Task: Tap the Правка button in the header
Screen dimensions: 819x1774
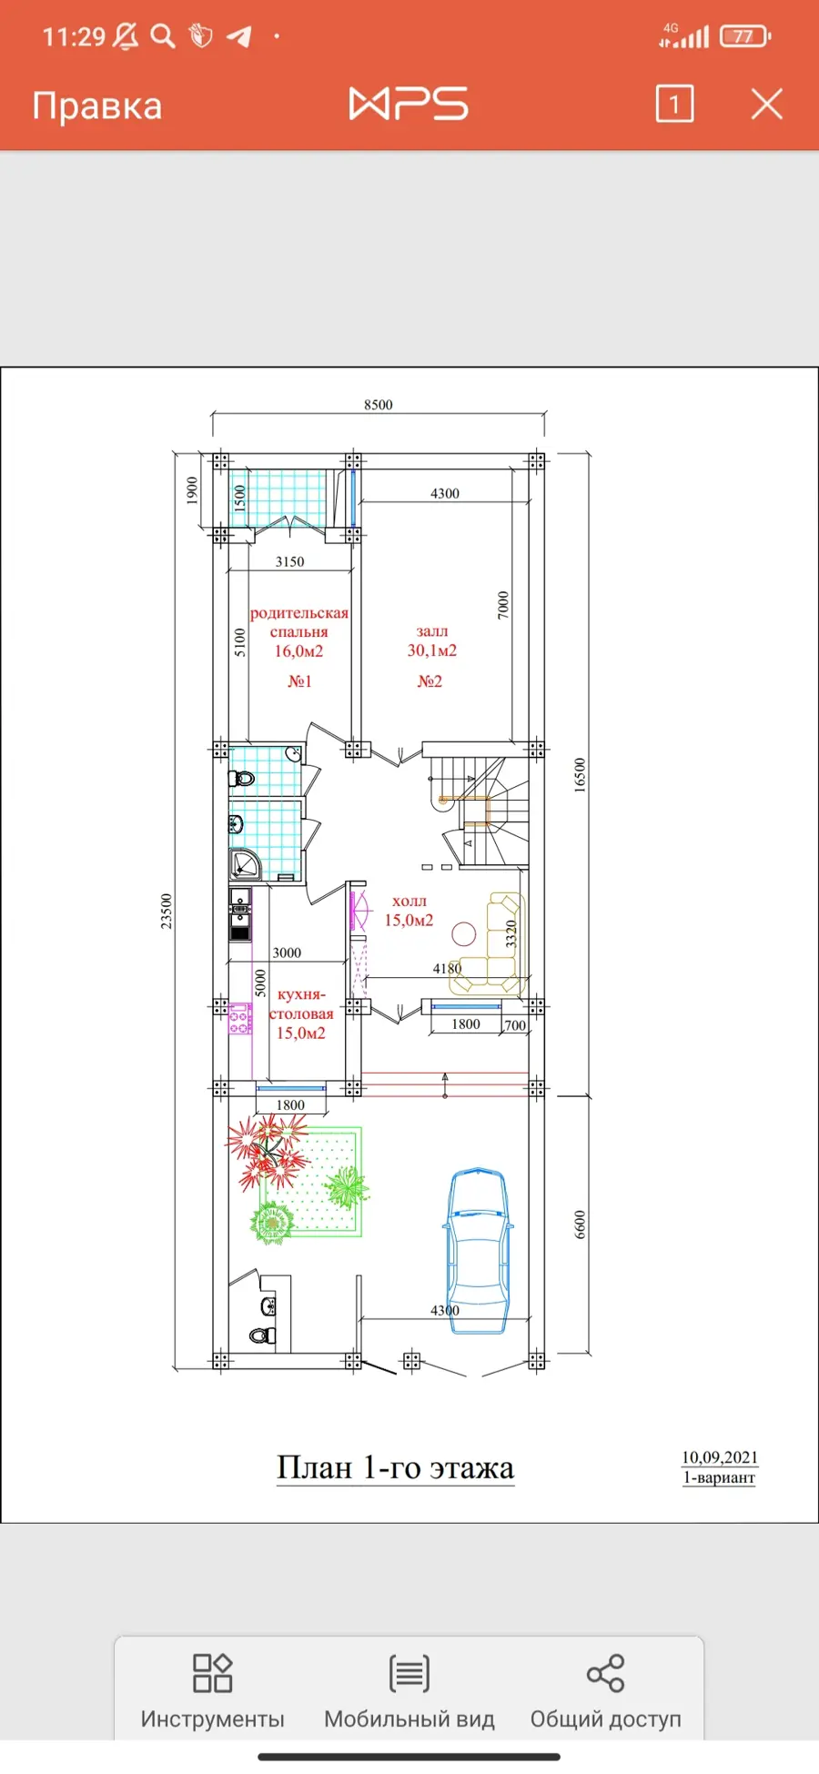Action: coord(97,106)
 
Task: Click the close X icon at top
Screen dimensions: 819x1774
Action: coord(766,104)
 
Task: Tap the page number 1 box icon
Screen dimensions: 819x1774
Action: coord(674,104)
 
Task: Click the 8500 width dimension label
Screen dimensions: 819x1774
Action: coord(379,405)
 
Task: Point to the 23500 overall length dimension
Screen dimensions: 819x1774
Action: coord(167,911)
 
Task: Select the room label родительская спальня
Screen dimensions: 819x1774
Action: coord(299,622)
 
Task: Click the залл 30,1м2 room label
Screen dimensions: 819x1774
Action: coord(432,640)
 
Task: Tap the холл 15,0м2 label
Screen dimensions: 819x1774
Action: coord(409,910)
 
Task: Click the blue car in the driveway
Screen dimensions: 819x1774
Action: coord(478,1251)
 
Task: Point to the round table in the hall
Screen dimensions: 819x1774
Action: coord(464,934)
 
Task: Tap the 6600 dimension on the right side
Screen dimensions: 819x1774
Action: coord(581,1225)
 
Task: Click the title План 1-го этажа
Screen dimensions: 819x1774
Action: coord(396,1467)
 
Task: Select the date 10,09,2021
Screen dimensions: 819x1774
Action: coord(720,1457)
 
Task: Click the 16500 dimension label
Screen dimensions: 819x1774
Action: coord(581,775)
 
